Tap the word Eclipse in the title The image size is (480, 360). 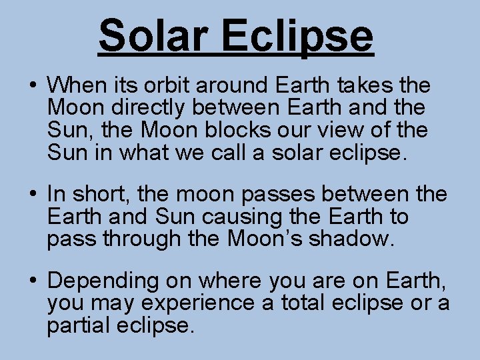(298, 37)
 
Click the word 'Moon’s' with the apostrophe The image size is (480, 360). (261, 237)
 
